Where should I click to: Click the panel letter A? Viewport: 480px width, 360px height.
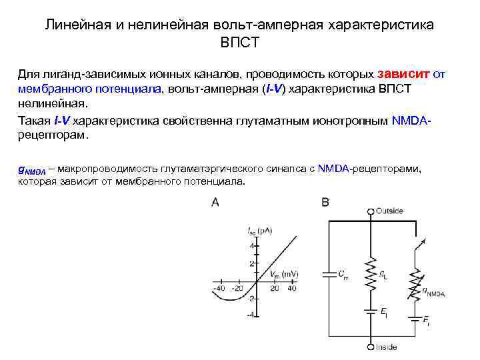click(215, 202)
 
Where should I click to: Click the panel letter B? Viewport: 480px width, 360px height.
click(325, 202)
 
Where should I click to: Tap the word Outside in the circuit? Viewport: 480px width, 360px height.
click(389, 211)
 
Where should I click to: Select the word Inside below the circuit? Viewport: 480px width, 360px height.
click(386, 347)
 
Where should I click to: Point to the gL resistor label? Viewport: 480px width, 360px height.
click(383, 275)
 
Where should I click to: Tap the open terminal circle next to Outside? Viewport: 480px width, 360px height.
click(371, 211)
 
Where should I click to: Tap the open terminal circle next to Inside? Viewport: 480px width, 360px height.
click(371, 347)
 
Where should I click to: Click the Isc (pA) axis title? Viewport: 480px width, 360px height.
click(260, 231)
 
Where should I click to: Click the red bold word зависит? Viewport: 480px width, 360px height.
click(404, 75)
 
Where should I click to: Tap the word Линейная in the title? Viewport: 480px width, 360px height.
click(75, 25)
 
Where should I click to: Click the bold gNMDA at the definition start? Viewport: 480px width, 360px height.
click(31, 170)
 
